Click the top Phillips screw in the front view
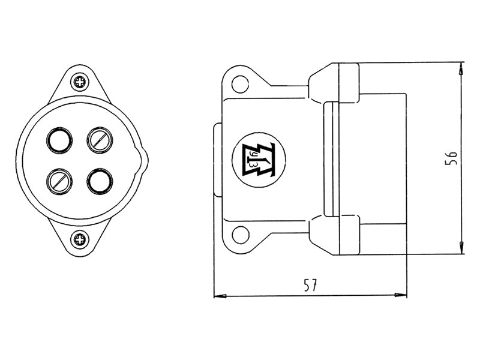click(x=80, y=82)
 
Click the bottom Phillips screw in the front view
click(x=80, y=239)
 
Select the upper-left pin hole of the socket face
click(x=59, y=140)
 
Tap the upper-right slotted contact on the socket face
click(x=100, y=140)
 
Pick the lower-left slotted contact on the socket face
click(x=59, y=181)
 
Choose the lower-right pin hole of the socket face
click(x=100, y=181)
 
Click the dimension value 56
click(x=451, y=158)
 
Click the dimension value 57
click(x=311, y=285)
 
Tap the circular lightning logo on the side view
click(x=259, y=160)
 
